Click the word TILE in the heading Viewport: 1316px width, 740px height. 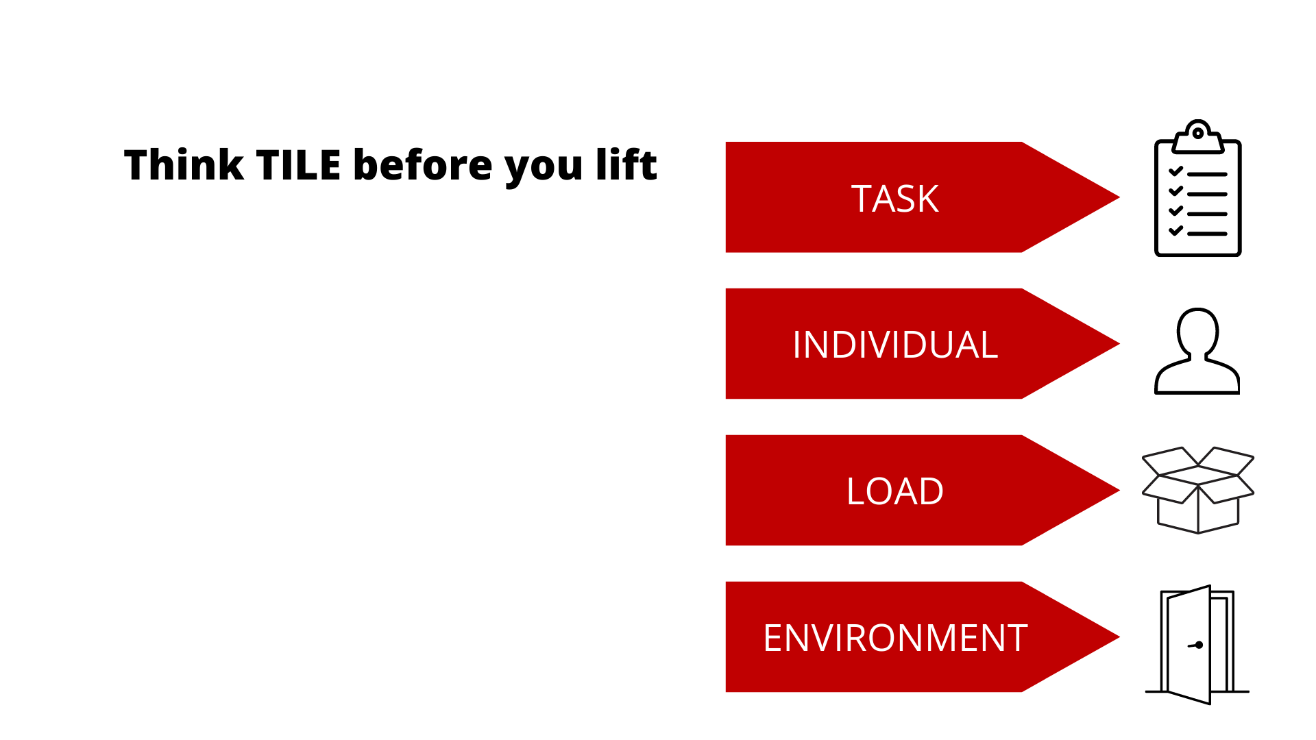click(x=298, y=165)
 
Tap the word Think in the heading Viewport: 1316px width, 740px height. click(x=184, y=165)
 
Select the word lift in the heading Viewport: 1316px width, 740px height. click(x=626, y=164)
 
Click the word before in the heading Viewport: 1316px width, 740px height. click(x=423, y=165)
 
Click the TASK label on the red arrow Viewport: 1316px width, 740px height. click(x=894, y=199)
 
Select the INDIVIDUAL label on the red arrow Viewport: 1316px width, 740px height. click(x=894, y=345)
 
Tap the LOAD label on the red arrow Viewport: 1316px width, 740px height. click(x=894, y=491)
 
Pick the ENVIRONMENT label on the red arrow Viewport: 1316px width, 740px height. click(x=894, y=638)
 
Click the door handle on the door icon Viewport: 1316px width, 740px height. click(x=1196, y=645)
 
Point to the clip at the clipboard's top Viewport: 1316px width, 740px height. click(x=1197, y=136)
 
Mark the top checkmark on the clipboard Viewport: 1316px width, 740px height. click(x=1176, y=171)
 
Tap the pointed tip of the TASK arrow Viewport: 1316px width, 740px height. click(x=1119, y=197)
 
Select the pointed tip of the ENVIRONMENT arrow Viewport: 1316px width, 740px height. click(x=1119, y=637)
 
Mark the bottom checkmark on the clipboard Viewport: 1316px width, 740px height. click(x=1176, y=231)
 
